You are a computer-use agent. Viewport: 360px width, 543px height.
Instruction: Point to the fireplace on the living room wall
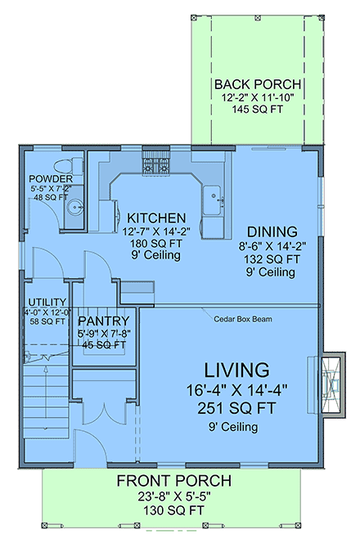(x=331, y=384)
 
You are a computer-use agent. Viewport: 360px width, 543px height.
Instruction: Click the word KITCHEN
(x=155, y=218)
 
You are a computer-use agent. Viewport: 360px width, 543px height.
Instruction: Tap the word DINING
(x=272, y=231)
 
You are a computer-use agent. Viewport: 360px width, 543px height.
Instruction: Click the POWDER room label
(x=51, y=179)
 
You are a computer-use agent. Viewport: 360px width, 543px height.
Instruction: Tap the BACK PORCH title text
(x=257, y=85)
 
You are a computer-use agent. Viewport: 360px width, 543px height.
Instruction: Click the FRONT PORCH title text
(x=173, y=480)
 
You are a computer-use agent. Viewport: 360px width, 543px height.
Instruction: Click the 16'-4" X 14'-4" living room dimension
(x=227, y=390)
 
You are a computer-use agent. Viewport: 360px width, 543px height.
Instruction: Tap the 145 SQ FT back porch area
(x=257, y=110)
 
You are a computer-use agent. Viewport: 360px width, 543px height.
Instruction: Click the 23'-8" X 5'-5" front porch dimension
(x=173, y=496)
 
